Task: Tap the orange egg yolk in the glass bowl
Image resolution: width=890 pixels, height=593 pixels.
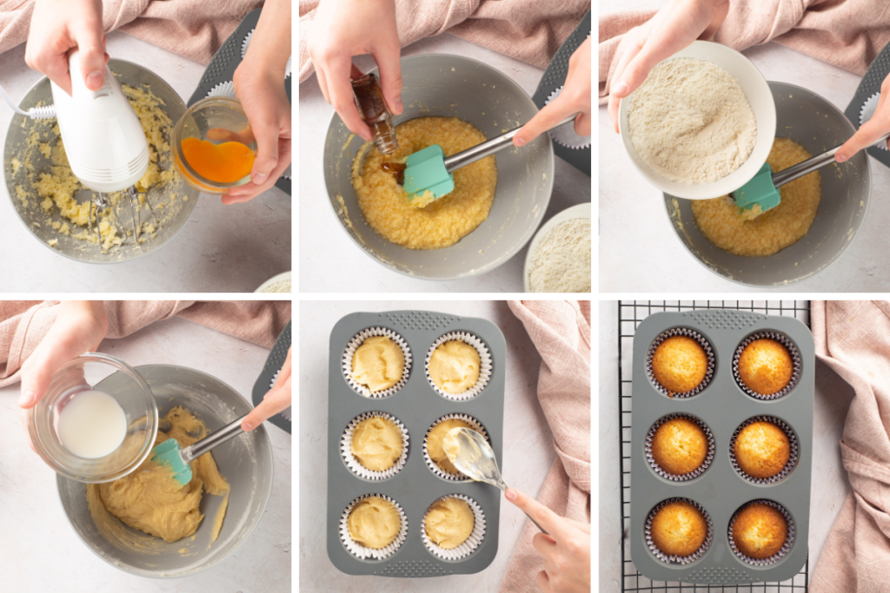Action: point(218,161)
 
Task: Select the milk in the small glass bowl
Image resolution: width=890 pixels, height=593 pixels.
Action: point(91,423)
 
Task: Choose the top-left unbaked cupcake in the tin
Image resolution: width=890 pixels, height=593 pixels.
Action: point(377,363)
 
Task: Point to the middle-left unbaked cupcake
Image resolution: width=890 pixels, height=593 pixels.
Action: point(375,443)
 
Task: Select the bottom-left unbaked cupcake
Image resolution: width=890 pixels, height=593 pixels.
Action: point(374,523)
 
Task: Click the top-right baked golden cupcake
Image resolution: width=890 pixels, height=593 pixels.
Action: point(765,366)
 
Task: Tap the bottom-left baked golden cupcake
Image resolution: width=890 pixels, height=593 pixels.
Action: point(679,528)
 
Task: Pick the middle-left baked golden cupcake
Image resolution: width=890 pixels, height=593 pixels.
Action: point(680,446)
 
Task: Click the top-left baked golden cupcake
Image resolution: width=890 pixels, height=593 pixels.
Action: point(680,364)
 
